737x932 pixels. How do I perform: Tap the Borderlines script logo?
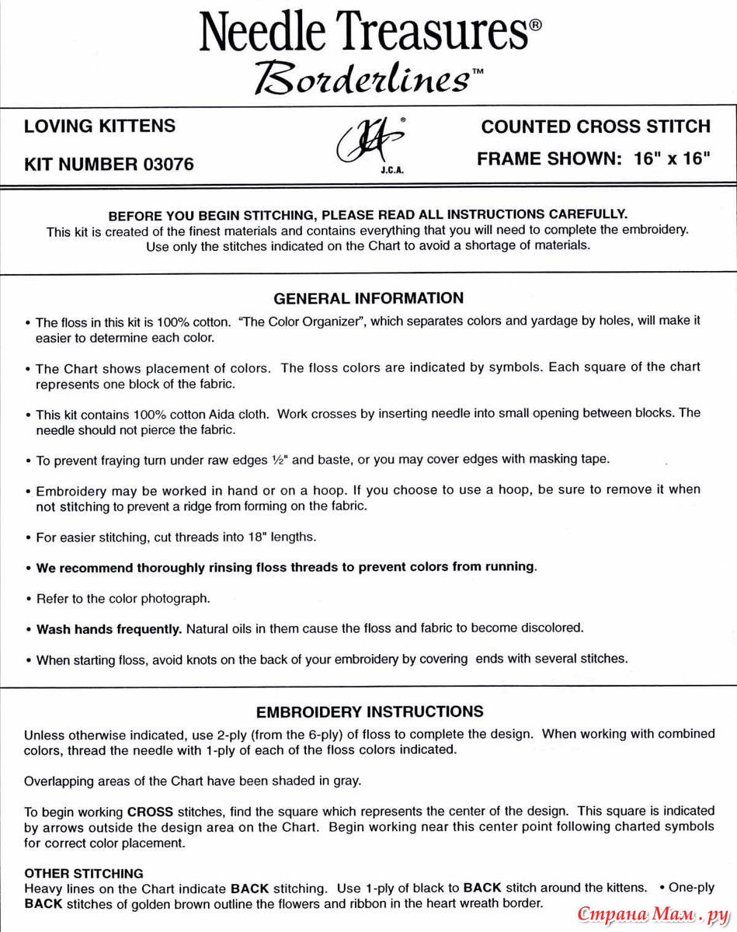363,76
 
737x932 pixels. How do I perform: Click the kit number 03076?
169,165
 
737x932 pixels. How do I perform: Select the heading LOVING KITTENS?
100,126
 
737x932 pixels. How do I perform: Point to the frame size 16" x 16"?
673,159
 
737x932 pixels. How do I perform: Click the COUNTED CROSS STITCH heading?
596,127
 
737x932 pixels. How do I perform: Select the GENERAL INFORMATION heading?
369,298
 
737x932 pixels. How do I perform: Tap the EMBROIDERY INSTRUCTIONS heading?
370,711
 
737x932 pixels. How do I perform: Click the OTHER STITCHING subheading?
84,873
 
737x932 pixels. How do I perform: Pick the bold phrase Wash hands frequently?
110,628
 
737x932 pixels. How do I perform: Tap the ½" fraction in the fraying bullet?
279,459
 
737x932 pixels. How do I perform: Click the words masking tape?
580,459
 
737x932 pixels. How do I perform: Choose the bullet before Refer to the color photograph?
28,600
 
